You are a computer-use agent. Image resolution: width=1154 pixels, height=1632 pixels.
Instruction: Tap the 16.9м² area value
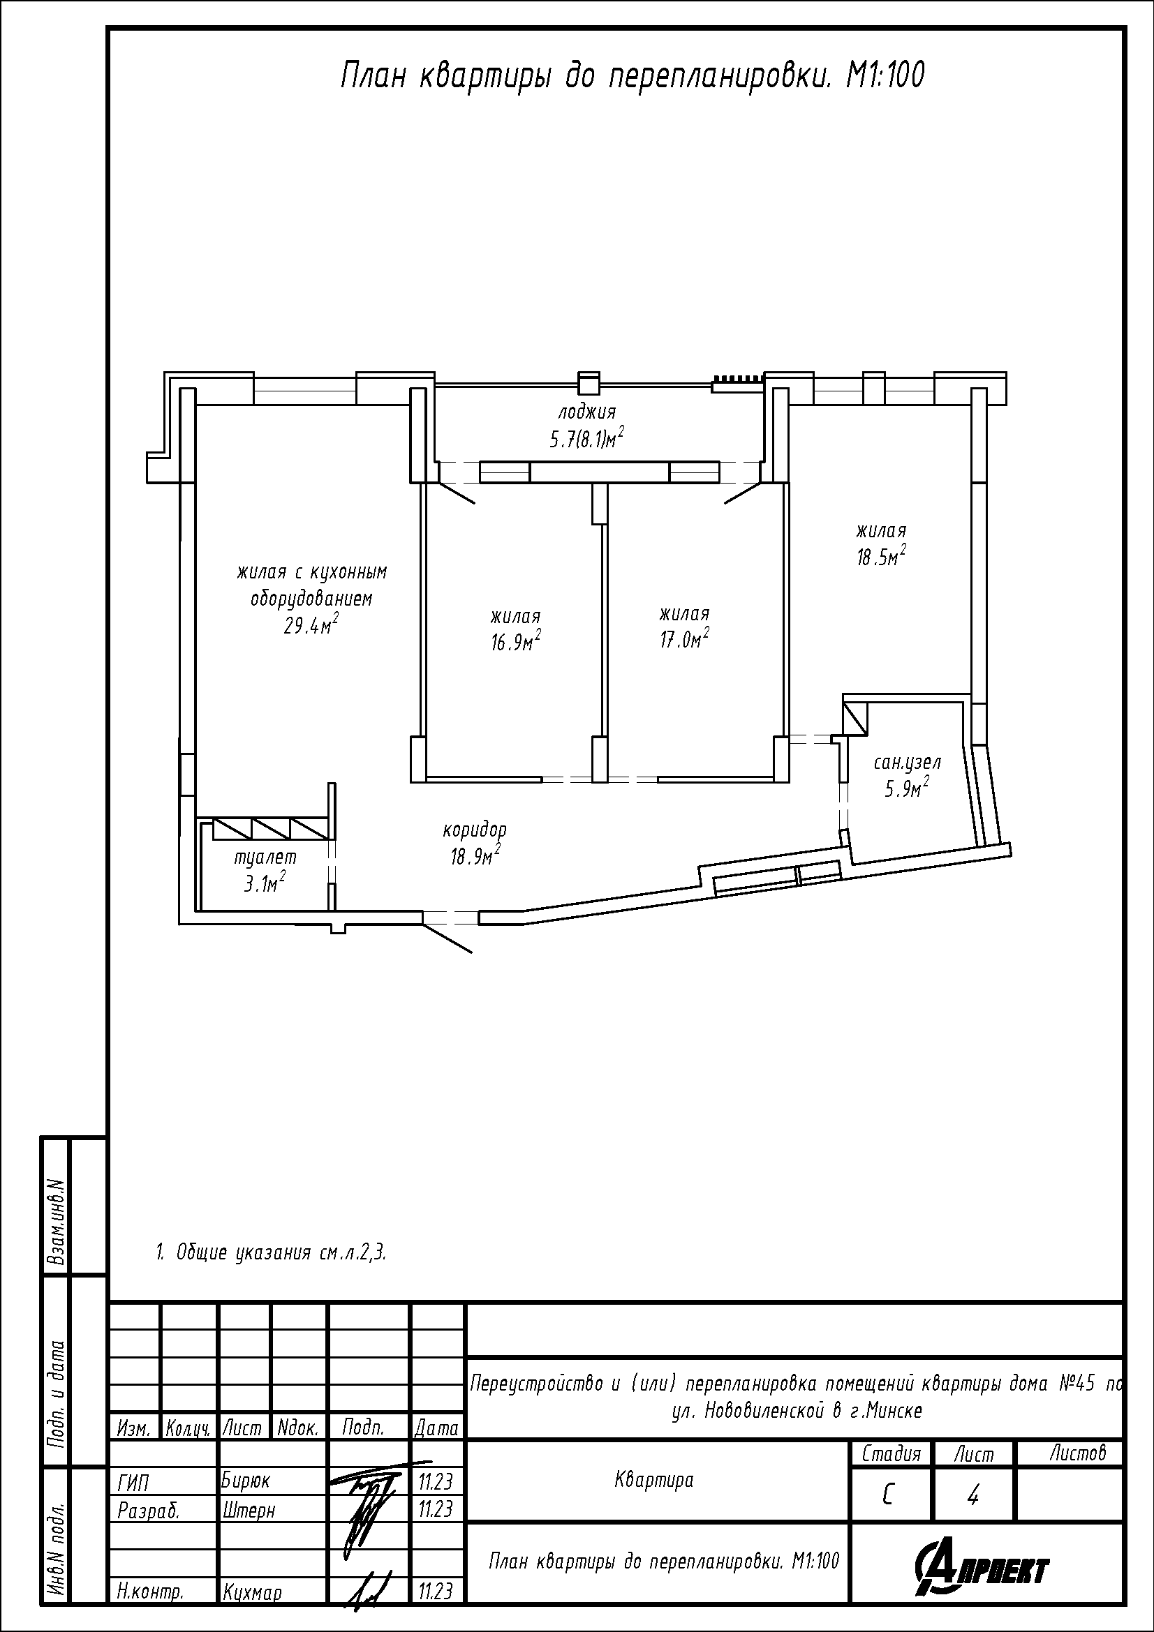tap(515, 641)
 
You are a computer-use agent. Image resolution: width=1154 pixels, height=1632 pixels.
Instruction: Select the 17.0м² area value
tap(684, 638)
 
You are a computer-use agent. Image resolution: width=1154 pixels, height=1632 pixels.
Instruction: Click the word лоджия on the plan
tap(586, 411)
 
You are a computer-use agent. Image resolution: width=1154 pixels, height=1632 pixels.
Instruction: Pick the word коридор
tap(475, 829)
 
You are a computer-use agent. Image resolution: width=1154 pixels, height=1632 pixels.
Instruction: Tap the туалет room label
tap(265, 858)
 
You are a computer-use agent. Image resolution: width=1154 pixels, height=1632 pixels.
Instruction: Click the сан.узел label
tap(908, 762)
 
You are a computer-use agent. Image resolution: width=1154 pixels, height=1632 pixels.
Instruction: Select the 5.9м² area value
tap(908, 788)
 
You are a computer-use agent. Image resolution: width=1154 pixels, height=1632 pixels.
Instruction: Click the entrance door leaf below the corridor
tap(448, 938)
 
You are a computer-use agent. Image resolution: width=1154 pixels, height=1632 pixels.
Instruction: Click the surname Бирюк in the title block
tap(246, 1481)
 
